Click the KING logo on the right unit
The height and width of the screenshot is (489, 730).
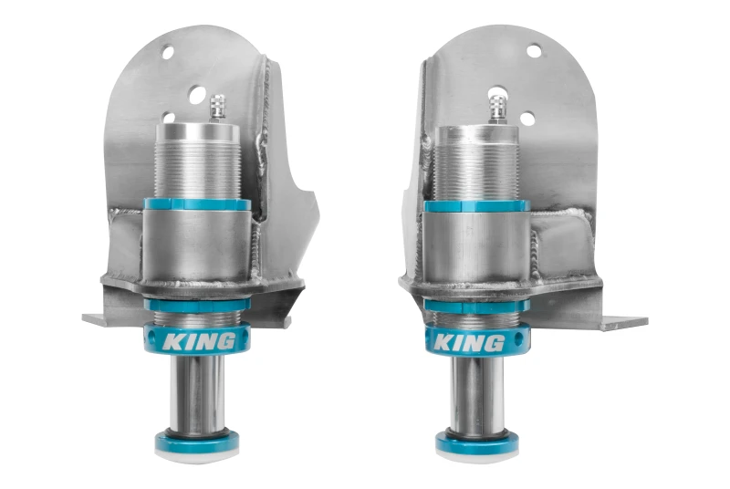467,343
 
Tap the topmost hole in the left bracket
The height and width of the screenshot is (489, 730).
167,52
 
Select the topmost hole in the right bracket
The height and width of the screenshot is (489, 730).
534,50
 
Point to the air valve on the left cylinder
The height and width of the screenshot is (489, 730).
217,107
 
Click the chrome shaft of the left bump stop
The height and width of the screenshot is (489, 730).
196,393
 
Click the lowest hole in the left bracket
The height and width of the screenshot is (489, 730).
169,117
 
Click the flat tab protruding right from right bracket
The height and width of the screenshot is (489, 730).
622,322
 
